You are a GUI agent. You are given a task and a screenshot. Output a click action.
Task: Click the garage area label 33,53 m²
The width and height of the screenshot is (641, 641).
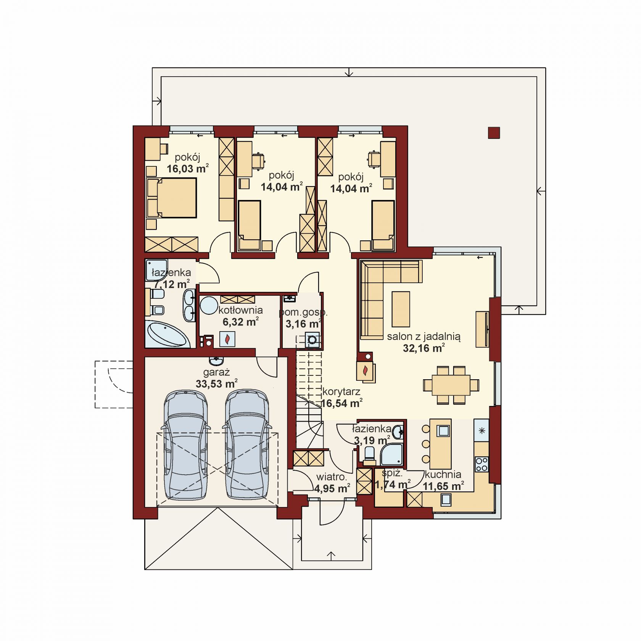click(216, 383)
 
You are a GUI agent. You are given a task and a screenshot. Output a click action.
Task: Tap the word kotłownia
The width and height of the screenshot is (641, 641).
click(240, 310)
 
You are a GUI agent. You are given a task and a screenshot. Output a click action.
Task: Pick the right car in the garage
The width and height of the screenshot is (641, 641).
click(247, 445)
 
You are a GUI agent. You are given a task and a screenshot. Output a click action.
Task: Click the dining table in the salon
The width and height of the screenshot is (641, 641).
click(451, 385)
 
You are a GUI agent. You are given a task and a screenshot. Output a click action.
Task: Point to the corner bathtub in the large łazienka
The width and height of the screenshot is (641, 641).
click(168, 335)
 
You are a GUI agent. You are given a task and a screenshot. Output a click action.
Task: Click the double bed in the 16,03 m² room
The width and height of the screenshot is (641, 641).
click(172, 198)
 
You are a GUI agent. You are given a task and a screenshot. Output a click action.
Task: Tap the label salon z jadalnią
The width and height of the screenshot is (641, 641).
click(424, 337)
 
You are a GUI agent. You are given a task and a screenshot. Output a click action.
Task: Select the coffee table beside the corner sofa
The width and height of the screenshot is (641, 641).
click(401, 309)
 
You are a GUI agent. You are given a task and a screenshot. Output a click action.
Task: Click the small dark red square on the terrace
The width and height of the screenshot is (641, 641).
click(494, 132)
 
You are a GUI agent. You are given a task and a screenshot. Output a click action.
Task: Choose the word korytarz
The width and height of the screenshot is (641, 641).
click(341, 391)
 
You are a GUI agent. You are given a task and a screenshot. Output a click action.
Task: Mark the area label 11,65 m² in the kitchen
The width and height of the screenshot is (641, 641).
click(443, 486)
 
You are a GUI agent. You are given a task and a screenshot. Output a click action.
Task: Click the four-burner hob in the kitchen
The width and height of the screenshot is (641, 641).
click(482, 464)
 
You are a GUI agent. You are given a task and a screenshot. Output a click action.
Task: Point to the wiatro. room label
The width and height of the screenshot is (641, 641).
click(332, 477)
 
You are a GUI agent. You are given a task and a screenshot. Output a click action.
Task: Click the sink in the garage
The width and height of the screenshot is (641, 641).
click(216, 361)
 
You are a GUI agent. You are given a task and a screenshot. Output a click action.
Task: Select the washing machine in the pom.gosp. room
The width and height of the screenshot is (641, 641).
click(312, 340)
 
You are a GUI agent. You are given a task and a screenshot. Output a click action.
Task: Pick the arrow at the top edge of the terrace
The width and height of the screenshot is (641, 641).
click(349, 72)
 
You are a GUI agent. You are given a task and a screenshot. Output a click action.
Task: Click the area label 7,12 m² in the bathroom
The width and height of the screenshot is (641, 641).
click(172, 284)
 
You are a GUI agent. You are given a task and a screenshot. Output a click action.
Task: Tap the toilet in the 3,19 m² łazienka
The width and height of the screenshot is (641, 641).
click(369, 454)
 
